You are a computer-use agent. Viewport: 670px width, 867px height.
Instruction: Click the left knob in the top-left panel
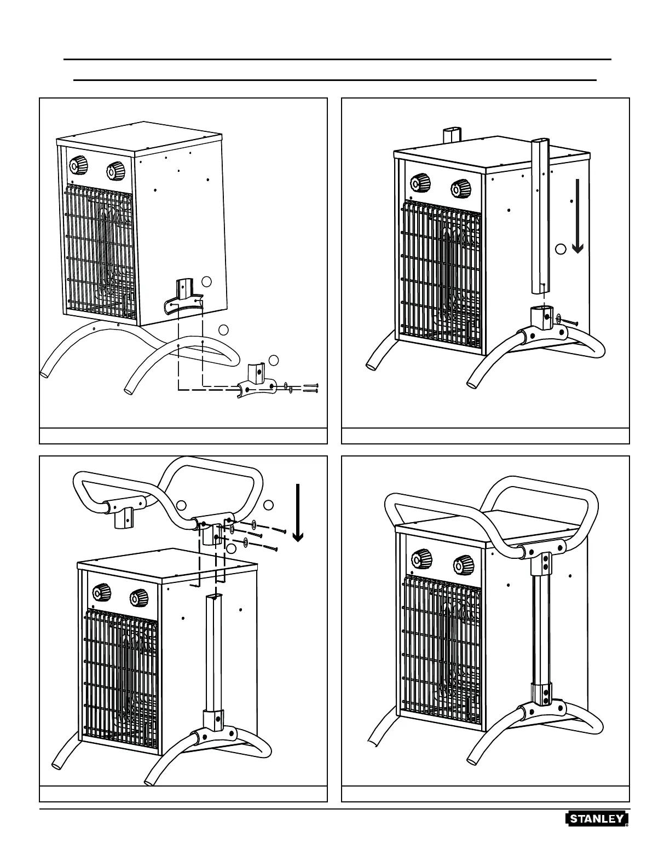point(79,165)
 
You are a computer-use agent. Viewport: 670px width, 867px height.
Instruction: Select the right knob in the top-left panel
point(114,171)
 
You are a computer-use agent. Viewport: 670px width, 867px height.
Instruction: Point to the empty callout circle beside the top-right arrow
point(560,249)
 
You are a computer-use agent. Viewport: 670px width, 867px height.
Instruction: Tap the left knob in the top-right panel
point(421,183)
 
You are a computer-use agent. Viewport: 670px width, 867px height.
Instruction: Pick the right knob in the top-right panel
point(461,189)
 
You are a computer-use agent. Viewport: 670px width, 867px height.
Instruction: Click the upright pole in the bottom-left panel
point(213,651)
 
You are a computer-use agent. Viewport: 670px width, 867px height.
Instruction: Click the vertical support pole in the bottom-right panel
point(540,629)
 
